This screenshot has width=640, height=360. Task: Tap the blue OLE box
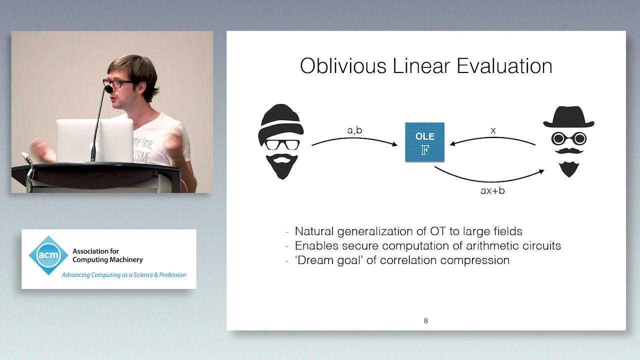point(424,142)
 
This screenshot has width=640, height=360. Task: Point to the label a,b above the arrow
point(354,130)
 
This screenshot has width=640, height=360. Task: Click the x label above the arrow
point(493,131)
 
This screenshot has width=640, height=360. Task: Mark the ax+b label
point(492,190)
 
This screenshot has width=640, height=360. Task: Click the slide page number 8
point(426,321)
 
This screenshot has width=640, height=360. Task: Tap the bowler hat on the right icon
point(568,116)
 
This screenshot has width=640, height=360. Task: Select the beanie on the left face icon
point(281,119)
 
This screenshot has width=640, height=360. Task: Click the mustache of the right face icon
point(568,150)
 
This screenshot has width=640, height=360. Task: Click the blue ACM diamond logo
point(48,255)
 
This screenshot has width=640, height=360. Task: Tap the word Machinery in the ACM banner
point(123,259)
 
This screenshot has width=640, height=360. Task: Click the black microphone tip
point(108,89)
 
